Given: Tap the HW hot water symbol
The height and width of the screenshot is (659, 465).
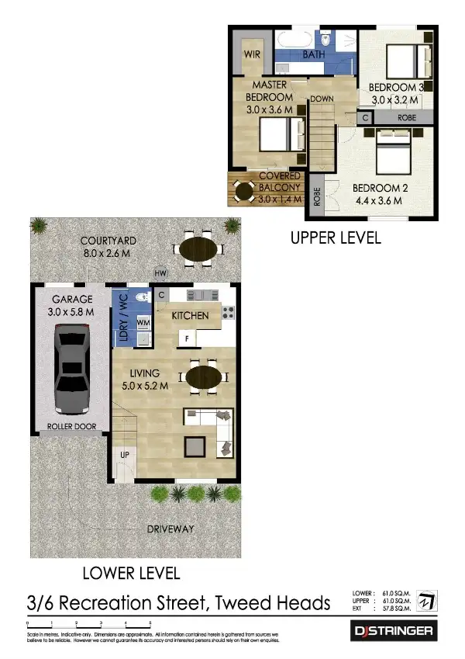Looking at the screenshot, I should click(x=161, y=273).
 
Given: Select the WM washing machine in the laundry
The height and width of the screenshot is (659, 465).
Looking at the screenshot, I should click(x=143, y=321).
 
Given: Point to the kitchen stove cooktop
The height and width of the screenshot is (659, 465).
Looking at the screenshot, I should click(x=229, y=314).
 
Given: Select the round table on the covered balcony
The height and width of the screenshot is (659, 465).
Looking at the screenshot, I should click(x=245, y=191).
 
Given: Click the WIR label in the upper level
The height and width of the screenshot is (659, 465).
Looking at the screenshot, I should click(x=252, y=55).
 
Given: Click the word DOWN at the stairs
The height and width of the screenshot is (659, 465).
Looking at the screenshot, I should click(x=322, y=99).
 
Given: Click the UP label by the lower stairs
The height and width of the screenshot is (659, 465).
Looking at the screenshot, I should click(x=124, y=455).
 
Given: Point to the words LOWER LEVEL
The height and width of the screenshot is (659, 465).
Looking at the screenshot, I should click(x=131, y=574).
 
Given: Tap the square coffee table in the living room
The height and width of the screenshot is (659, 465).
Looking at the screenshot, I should click(x=195, y=447).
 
